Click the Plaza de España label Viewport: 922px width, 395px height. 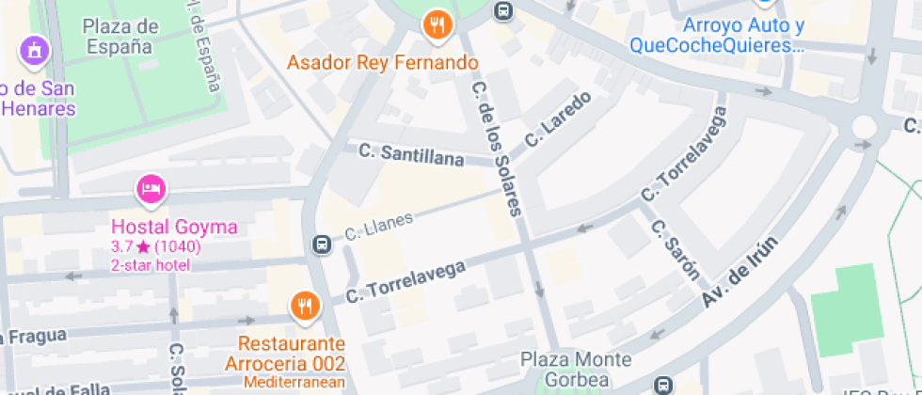pyautogui.click(x=119, y=36)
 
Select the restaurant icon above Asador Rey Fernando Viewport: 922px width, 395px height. pyautogui.click(x=437, y=25)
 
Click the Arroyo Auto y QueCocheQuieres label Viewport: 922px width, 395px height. pyautogui.click(x=718, y=35)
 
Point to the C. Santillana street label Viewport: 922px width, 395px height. pyautogui.click(x=412, y=155)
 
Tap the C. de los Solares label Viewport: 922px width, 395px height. pyautogui.click(x=496, y=150)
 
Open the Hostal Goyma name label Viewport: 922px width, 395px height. pyautogui.click(x=174, y=227)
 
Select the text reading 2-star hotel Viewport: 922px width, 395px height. pyautogui.click(x=151, y=265)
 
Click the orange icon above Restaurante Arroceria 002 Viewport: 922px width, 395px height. pyautogui.click(x=304, y=305)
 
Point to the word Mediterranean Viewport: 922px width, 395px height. pyautogui.click(x=294, y=382)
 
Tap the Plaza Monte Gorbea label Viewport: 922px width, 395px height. pyautogui.click(x=577, y=370)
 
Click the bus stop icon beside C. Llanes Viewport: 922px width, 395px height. pyautogui.click(x=321, y=245)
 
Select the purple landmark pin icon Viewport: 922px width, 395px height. pyautogui.click(x=34, y=50)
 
